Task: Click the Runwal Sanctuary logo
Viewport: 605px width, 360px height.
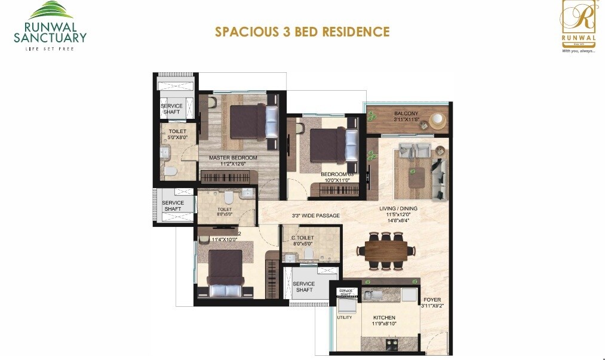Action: pyautogui.click(x=50, y=26)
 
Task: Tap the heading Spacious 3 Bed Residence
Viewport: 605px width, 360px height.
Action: pyautogui.click(x=302, y=32)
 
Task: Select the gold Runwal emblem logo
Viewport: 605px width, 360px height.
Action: pyautogui.click(x=578, y=27)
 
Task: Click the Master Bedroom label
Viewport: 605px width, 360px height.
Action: pyautogui.click(x=233, y=158)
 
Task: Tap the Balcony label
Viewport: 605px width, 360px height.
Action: pyautogui.click(x=406, y=113)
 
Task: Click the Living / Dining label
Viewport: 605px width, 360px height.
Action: pyautogui.click(x=398, y=208)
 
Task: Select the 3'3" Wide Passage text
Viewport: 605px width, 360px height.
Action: pyautogui.click(x=315, y=216)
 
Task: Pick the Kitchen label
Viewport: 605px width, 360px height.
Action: pyautogui.click(x=385, y=318)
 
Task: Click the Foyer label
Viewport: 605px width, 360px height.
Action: pyautogui.click(x=432, y=300)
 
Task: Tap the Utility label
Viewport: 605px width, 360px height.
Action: pyautogui.click(x=345, y=318)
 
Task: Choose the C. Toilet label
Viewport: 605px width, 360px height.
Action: pyautogui.click(x=302, y=238)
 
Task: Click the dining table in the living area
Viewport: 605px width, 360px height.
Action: pyautogui.click(x=386, y=250)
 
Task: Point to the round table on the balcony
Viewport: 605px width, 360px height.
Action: pyautogui.click(x=438, y=120)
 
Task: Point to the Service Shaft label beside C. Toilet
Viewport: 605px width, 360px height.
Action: pyautogui.click(x=304, y=287)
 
